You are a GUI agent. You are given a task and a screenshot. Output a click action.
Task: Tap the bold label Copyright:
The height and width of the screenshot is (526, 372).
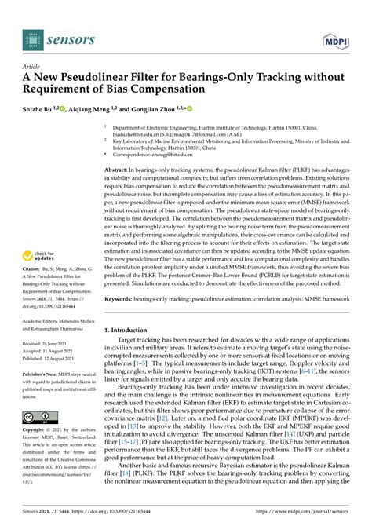38,432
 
